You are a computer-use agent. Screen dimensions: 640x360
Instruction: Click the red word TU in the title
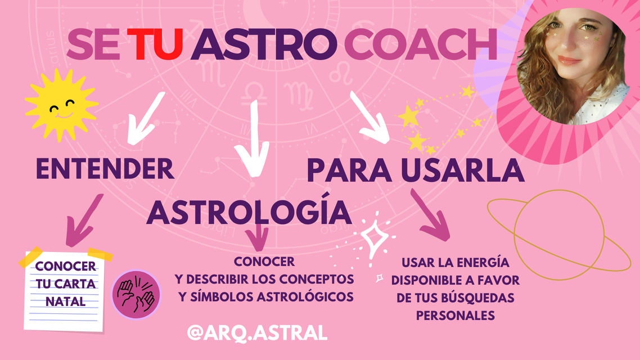[155, 44]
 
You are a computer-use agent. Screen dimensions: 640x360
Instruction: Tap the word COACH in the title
[421, 44]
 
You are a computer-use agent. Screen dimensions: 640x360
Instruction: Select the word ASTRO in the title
[264, 44]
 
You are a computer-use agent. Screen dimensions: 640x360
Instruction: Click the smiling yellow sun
[61, 105]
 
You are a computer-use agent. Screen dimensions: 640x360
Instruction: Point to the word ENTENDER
[105, 169]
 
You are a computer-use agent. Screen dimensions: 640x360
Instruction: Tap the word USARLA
[462, 170]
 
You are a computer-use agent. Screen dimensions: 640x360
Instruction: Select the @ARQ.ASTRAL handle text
[257, 332]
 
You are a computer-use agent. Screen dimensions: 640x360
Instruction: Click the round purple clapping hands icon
[136, 294]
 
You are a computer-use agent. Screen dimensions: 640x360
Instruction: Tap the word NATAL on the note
[65, 301]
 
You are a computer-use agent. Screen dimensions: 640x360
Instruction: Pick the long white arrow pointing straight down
[253, 139]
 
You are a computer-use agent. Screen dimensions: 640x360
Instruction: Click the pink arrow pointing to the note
[84, 220]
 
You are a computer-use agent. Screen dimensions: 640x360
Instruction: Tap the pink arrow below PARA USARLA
[431, 214]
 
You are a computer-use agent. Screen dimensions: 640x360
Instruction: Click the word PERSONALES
[456, 316]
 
